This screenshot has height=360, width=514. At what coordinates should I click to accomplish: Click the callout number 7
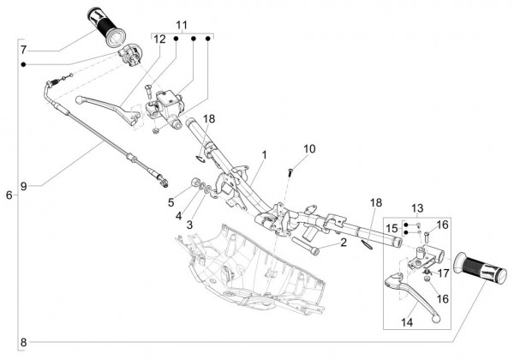[23, 49]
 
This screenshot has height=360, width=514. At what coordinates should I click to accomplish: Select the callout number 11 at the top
[180, 23]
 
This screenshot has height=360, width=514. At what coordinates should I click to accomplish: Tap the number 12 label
[160, 39]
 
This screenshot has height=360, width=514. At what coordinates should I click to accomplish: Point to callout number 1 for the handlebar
[265, 155]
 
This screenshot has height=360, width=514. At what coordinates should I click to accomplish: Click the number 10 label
[309, 148]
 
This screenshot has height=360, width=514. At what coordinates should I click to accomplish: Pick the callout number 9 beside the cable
[24, 185]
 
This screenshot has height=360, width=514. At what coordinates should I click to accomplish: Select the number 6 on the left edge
[9, 195]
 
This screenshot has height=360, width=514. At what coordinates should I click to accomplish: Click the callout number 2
[342, 243]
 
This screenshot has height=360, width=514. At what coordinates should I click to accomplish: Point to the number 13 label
[418, 208]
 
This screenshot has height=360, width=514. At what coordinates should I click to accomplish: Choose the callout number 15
[391, 228]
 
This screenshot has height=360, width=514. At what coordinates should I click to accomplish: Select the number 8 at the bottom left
[23, 343]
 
